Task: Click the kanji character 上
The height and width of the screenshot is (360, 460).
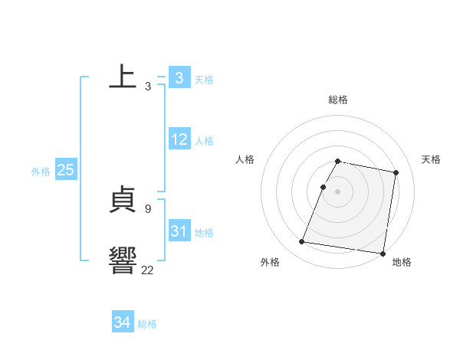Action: [123, 77]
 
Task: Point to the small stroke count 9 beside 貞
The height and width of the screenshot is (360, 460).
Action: [147, 208]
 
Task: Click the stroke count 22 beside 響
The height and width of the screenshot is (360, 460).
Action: [147, 270]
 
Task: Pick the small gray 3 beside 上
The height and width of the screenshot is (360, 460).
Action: [147, 86]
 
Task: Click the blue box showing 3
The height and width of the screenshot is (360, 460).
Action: [179, 77]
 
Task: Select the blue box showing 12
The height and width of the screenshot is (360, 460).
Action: [179, 139]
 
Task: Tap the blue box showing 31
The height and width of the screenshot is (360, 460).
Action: [179, 231]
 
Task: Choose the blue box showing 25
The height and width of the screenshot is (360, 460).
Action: [65, 170]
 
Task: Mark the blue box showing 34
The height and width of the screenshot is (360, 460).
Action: [122, 322]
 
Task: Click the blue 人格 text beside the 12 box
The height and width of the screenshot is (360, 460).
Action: [204, 141]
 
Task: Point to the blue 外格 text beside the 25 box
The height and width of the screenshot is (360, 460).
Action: [41, 172]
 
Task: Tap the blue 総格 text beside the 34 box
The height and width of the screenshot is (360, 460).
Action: [147, 324]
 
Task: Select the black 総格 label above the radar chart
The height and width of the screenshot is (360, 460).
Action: [338, 100]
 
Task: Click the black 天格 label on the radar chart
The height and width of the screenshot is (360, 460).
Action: [431, 159]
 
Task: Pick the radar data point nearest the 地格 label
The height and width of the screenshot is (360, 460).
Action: [383, 253]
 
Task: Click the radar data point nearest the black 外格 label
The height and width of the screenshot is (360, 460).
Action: [302, 242]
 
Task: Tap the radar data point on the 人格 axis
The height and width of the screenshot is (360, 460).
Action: [323, 187]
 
